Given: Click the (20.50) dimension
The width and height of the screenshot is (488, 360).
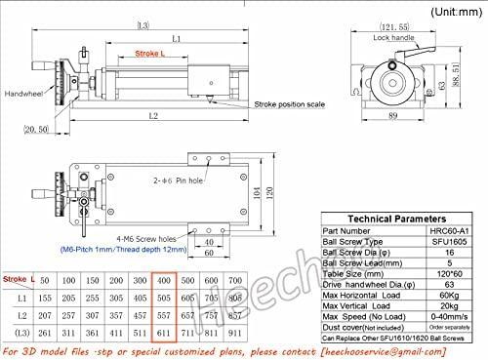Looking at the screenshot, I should [x=35, y=129].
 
